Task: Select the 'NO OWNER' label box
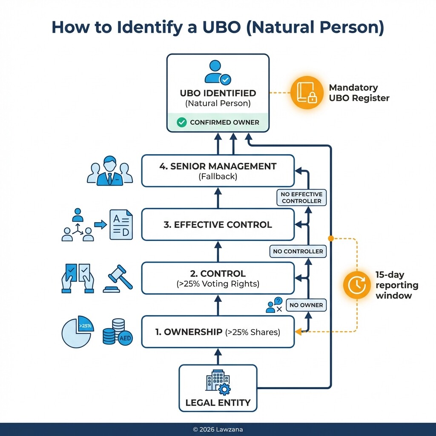tap(306, 305)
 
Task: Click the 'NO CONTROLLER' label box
tap(298, 251)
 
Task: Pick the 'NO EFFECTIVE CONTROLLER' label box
tap(301, 197)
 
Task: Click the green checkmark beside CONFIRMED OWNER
tap(181, 122)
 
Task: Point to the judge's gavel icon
tap(118, 279)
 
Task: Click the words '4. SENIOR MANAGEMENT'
tap(218, 166)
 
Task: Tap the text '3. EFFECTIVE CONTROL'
tap(218, 225)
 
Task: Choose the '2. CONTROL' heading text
tap(218, 274)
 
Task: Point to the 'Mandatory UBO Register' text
tap(359, 93)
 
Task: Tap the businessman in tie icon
tap(109, 171)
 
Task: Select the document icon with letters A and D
tap(121, 224)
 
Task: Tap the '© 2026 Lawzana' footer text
tap(218, 430)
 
